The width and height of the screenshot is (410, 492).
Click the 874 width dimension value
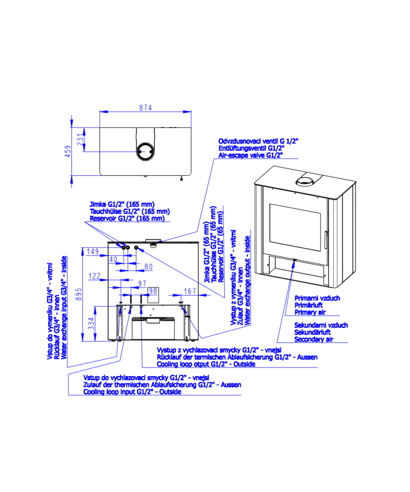[146, 108]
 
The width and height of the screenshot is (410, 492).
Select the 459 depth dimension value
[68, 151]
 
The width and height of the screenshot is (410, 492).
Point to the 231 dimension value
[80, 139]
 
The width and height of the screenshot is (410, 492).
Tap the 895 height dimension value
[79, 294]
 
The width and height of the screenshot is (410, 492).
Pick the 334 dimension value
[91, 323]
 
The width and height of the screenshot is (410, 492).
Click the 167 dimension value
[190, 291]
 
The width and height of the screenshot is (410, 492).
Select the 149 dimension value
[93, 251]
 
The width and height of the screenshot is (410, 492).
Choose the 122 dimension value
[94, 276]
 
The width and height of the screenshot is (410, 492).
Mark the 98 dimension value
[153, 291]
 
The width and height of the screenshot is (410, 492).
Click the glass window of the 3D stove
[295, 228]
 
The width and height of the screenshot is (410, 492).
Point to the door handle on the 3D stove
[326, 240]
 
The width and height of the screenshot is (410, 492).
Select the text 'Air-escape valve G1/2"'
[251, 155]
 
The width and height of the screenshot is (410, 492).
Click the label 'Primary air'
[310, 312]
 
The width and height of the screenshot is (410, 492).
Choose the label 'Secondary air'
[314, 339]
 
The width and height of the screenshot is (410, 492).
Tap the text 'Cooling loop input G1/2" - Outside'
[132, 392]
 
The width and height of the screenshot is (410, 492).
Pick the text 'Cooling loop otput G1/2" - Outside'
[206, 364]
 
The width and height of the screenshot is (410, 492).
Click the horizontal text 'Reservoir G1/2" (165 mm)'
[127, 218]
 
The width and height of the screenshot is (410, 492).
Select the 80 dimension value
[149, 266]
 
